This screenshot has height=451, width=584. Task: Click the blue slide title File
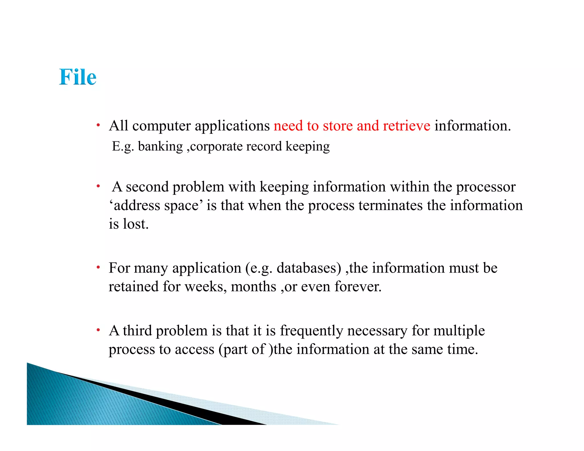(x=78, y=77)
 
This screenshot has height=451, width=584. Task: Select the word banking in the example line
(x=160, y=147)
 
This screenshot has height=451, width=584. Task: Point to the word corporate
(x=216, y=147)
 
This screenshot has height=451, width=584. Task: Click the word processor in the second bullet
(x=486, y=187)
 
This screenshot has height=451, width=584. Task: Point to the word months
(x=253, y=287)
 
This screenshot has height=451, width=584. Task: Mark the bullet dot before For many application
(x=98, y=267)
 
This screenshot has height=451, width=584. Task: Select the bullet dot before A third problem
(x=98, y=330)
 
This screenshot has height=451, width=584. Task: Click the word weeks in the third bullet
(x=206, y=287)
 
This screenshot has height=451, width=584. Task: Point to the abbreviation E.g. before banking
(x=123, y=147)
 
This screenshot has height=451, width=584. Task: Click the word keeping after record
(x=307, y=147)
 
